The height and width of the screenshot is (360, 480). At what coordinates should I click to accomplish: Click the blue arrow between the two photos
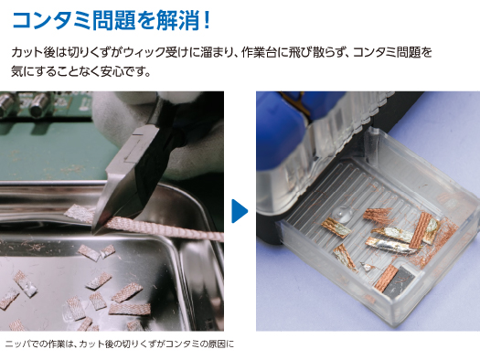tap(240, 211)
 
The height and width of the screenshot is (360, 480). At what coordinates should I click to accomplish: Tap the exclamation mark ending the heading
tap(207, 20)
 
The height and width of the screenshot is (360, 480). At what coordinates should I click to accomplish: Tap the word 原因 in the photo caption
tap(217, 344)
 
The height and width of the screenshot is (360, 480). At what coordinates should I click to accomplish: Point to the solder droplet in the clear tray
tap(342, 213)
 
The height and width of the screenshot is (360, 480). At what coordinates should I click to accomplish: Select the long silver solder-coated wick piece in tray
tap(391, 246)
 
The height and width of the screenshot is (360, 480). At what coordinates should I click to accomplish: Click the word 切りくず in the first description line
tap(95, 52)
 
